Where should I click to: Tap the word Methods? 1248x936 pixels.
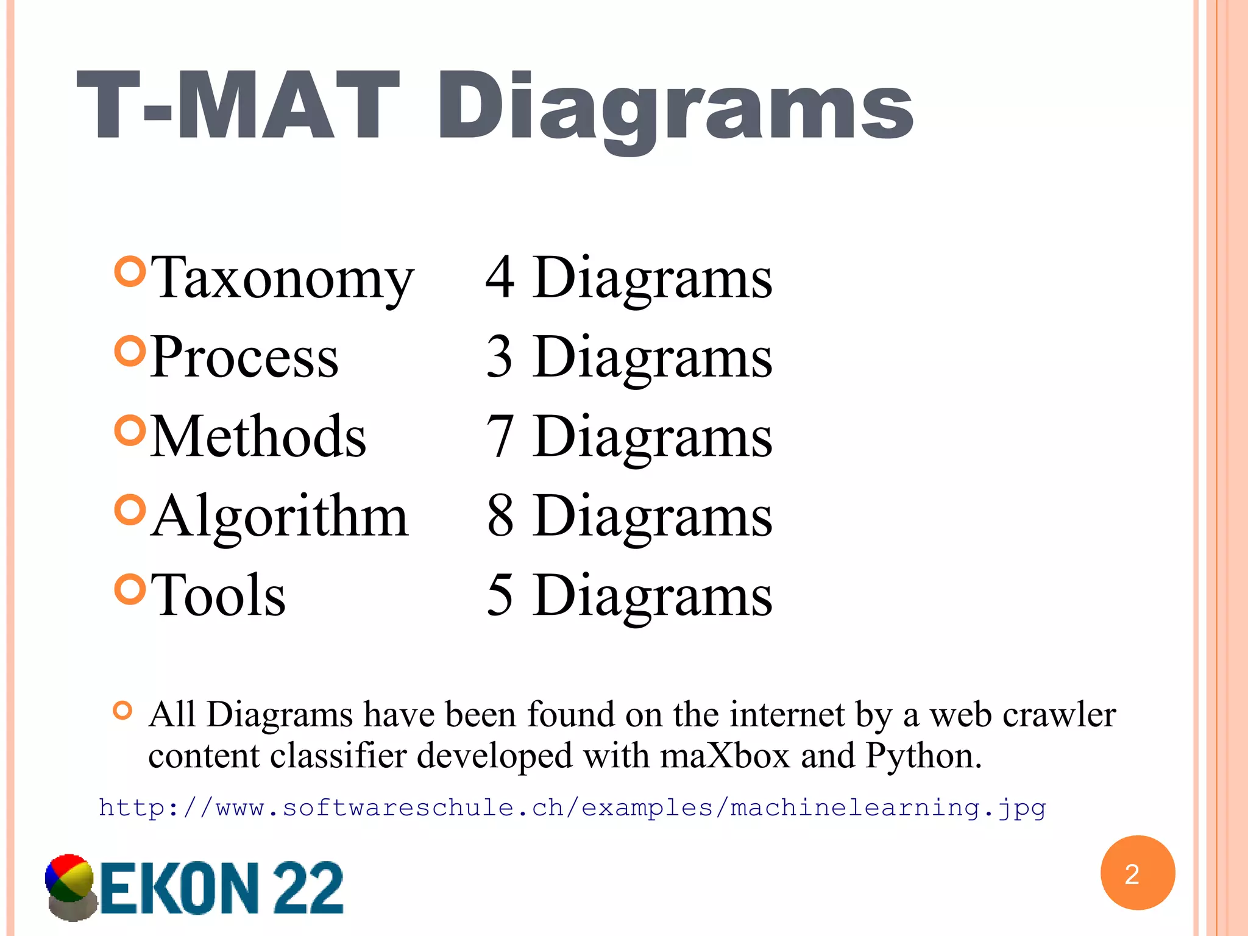[x=258, y=436]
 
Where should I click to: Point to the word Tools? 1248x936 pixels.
[x=218, y=595]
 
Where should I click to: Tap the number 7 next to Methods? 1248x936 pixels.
[x=500, y=436]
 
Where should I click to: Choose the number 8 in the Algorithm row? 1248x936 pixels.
[x=500, y=516]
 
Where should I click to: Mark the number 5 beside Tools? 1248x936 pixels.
[x=500, y=595]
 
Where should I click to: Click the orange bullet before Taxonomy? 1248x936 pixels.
[x=130, y=272]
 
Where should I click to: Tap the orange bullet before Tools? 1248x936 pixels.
[x=130, y=589]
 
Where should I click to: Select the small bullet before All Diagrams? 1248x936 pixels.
[x=122, y=711]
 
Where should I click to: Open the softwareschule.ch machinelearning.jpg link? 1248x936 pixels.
[x=572, y=808]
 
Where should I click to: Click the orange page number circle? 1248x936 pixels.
[x=1137, y=873]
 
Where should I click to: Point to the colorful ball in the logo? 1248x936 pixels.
[x=69, y=879]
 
